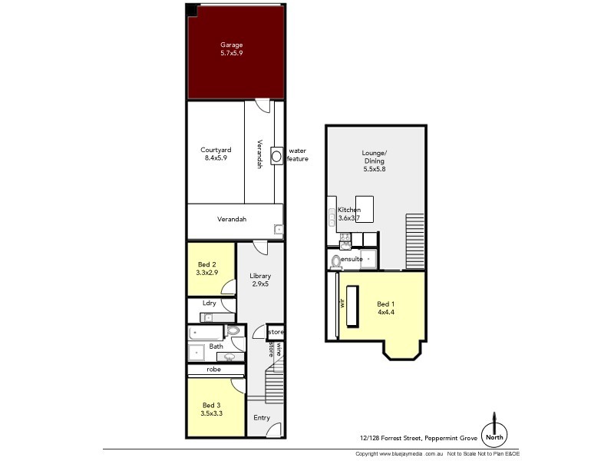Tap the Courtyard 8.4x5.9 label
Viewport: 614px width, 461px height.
(216, 154)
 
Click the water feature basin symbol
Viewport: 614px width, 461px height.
(276, 155)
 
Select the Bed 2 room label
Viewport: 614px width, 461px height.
(206, 268)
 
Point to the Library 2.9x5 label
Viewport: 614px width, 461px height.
(259, 280)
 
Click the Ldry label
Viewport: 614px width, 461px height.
(209, 303)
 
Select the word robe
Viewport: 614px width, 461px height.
(214, 369)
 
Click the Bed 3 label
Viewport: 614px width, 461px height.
(213, 410)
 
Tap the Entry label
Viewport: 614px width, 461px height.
(262, 418)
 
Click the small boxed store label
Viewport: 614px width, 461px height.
(276, 332)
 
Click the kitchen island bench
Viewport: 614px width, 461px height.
(363, 208)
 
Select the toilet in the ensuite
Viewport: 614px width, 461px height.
(335, 261)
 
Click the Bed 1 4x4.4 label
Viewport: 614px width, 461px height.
(386, 309)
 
